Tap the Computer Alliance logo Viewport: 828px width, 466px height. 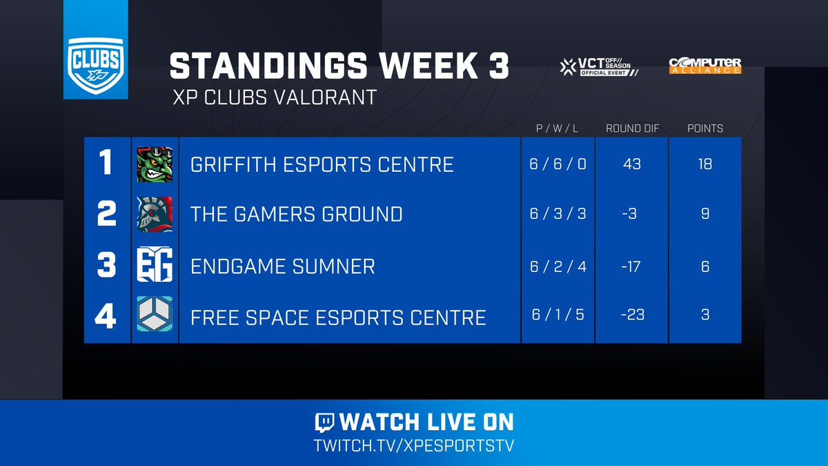pos(704,66)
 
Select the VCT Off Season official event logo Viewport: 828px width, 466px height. pos(598,66)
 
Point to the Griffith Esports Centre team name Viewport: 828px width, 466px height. pos(322,164)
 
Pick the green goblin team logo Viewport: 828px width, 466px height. pos(155,164)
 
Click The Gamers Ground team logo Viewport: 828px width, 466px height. pos(155,214)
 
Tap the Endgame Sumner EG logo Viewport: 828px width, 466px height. pos(155,266)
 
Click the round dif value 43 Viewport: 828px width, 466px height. pos(631,164)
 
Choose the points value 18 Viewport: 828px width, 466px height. pos(704,164)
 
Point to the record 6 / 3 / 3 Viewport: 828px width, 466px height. pos(558,214)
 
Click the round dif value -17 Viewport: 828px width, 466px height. pos(631,266)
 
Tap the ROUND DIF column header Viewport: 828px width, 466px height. pos(631,128)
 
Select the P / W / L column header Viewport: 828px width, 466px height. pos(557,128)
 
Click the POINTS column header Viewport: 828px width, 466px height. pos(704,128)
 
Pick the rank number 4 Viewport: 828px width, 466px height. pos(106,315)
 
